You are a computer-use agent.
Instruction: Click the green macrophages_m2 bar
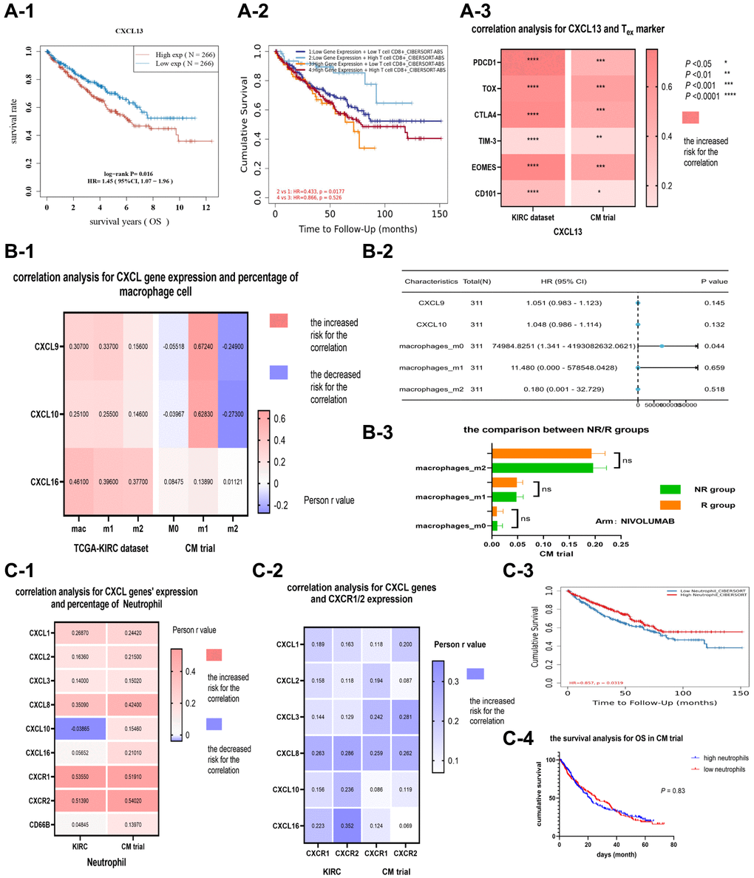tap(543, 468)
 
